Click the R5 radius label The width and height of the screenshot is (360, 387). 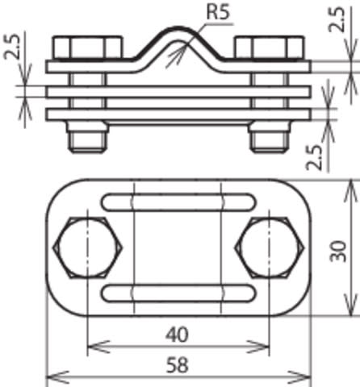point(218,12)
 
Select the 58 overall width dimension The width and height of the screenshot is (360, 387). point(178,365)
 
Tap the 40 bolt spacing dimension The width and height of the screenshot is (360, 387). point(177,335)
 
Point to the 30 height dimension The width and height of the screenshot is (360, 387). point(338,252)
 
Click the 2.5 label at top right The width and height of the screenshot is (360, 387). point(337,19)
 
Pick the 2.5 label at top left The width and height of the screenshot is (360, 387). point(12,46)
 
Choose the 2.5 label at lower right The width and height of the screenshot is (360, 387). point(314,157)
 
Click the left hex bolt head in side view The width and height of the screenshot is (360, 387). point(87,48)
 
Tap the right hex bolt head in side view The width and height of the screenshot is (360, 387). point(270,48)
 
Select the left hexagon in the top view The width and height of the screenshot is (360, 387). point(87,248)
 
